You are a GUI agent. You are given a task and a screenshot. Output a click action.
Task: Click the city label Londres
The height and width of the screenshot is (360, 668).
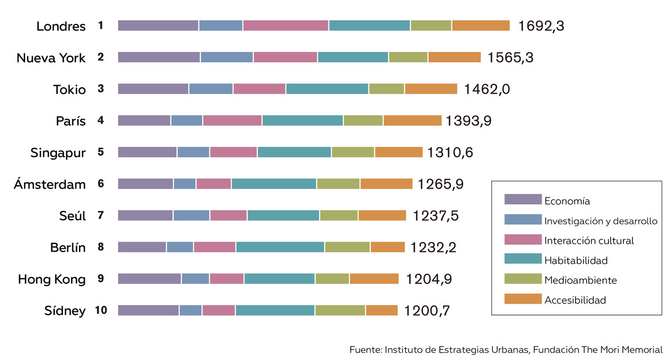[x=61, y=26]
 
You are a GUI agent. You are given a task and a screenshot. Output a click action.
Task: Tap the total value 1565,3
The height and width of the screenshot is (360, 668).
[x=510, y=57]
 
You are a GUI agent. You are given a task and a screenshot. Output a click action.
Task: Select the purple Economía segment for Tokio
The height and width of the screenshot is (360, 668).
[x=153, y=89]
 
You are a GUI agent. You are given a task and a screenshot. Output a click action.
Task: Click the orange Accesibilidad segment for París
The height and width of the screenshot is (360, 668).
[x=412, y=120]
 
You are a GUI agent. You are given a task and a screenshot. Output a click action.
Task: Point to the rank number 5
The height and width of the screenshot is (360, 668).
[x=101, y=152]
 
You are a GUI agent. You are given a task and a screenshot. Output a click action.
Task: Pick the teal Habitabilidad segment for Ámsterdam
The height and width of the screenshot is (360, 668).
[x=274, y=184]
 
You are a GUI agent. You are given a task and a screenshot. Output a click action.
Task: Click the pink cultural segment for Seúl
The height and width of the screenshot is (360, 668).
[x=228, y=215]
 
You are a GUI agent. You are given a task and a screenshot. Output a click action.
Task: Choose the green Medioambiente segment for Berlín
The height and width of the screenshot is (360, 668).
[x=347, y=247]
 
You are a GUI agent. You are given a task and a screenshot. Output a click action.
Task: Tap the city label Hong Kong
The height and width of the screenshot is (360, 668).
[x=52, y=279]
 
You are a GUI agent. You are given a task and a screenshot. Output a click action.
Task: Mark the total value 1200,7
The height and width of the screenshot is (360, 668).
[x=427, y=311]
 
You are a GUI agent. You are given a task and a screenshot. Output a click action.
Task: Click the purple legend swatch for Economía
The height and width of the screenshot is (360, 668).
[x=523, y=199]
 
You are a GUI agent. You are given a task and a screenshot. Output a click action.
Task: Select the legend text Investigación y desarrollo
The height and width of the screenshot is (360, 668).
[x=601, y=221]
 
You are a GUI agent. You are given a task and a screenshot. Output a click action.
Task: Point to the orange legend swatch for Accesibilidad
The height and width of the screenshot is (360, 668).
[x=523, y=299]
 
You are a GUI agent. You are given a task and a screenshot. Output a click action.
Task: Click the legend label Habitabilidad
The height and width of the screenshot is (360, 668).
[x=576, y=260]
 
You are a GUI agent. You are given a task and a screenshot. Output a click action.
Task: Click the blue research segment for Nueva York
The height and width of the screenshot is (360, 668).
[x=227, y=57]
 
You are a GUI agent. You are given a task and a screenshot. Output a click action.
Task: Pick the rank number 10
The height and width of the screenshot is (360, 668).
[x=101, y=310]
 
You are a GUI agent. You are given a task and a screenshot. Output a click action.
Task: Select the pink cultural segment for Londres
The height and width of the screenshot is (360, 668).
[x=286, y=26]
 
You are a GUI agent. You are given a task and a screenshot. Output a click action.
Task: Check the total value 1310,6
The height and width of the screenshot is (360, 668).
[x=450, y=152]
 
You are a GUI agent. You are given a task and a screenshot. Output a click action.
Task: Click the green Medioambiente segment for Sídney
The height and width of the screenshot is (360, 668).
[x=340, y=310]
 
